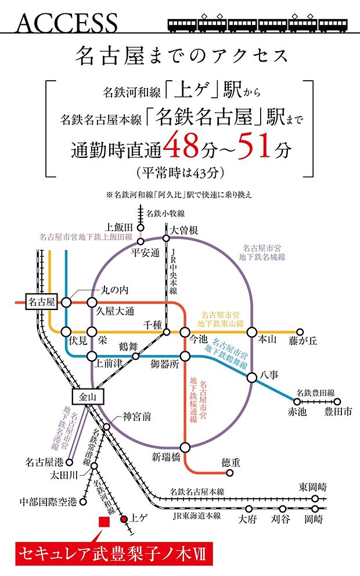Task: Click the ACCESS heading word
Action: (67, 23)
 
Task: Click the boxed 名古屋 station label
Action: (42, 302)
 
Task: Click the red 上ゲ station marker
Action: (124, 520)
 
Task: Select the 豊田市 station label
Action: (338, 412)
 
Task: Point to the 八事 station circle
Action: (252, 378)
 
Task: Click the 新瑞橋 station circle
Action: (185, 447)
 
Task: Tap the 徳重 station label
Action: (231, 462)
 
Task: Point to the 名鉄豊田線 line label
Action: (315, 392)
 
